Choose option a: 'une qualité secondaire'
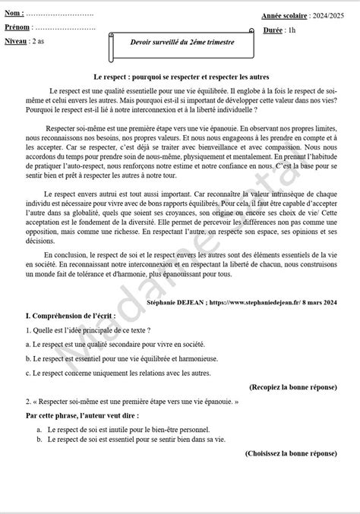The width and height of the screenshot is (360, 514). pos(112,345)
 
